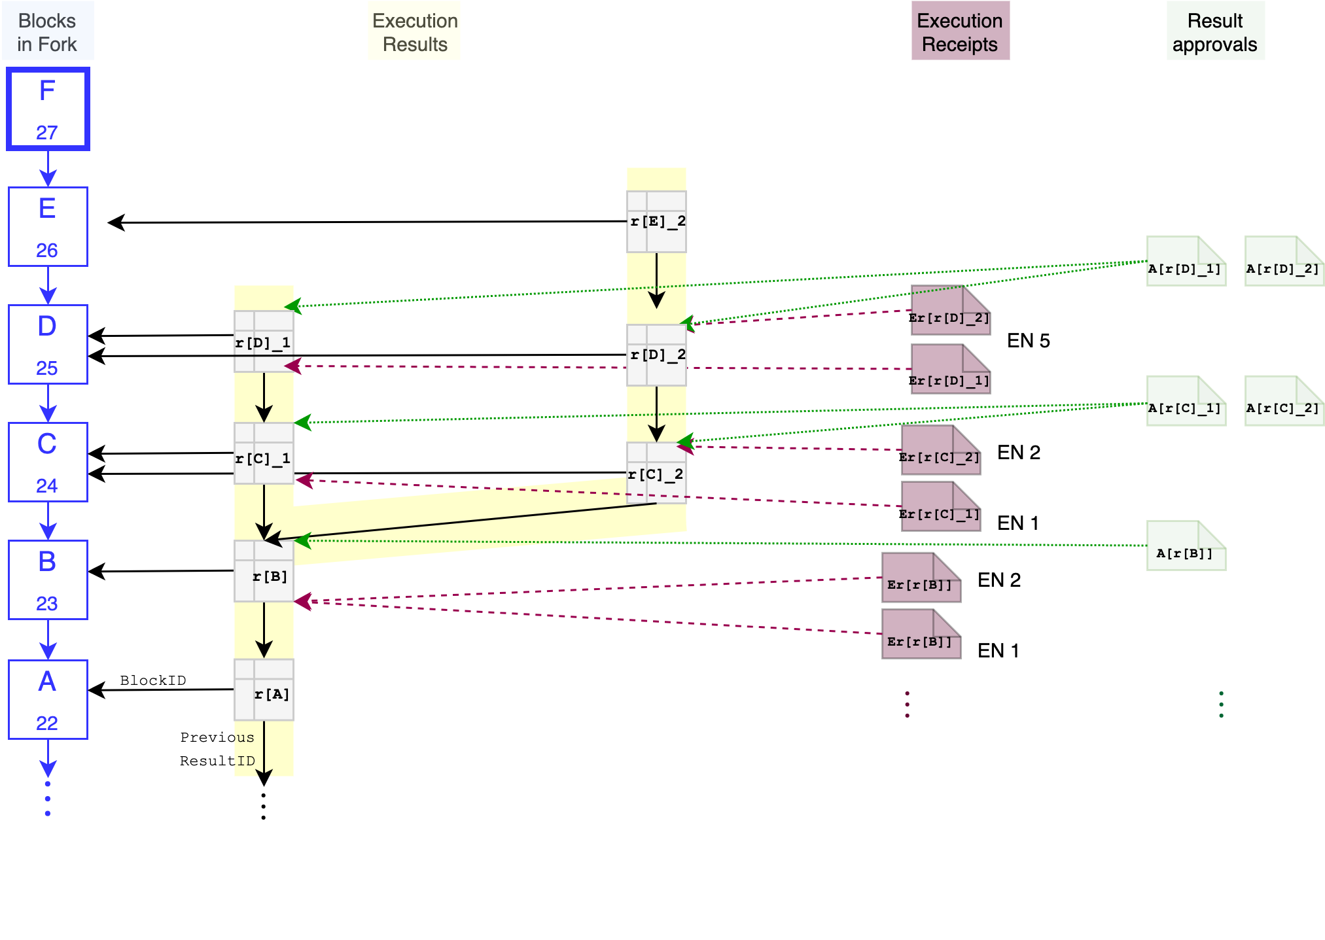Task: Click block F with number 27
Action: [48, 109]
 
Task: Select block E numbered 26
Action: [48, 227]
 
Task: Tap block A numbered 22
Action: [48, 699]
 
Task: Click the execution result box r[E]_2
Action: [656, 222]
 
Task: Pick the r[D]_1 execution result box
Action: [264, 341]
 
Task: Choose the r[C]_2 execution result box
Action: [656, 473]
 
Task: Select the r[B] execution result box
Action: [264, 571]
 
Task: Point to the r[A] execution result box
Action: [264, 689]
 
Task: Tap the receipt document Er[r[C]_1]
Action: [940, 506]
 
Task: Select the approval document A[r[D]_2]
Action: [1284, 261]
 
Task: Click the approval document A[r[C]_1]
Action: [1186, 400]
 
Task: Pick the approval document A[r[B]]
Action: [1186, 546]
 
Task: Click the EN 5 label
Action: [1028, 341]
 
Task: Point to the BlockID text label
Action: [153, 680]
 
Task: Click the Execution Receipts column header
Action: [960, 32]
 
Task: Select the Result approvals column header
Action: [1215, 32]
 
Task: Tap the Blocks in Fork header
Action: [47, 32]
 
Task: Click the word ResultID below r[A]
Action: [217, 761]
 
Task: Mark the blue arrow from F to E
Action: [48, 169]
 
